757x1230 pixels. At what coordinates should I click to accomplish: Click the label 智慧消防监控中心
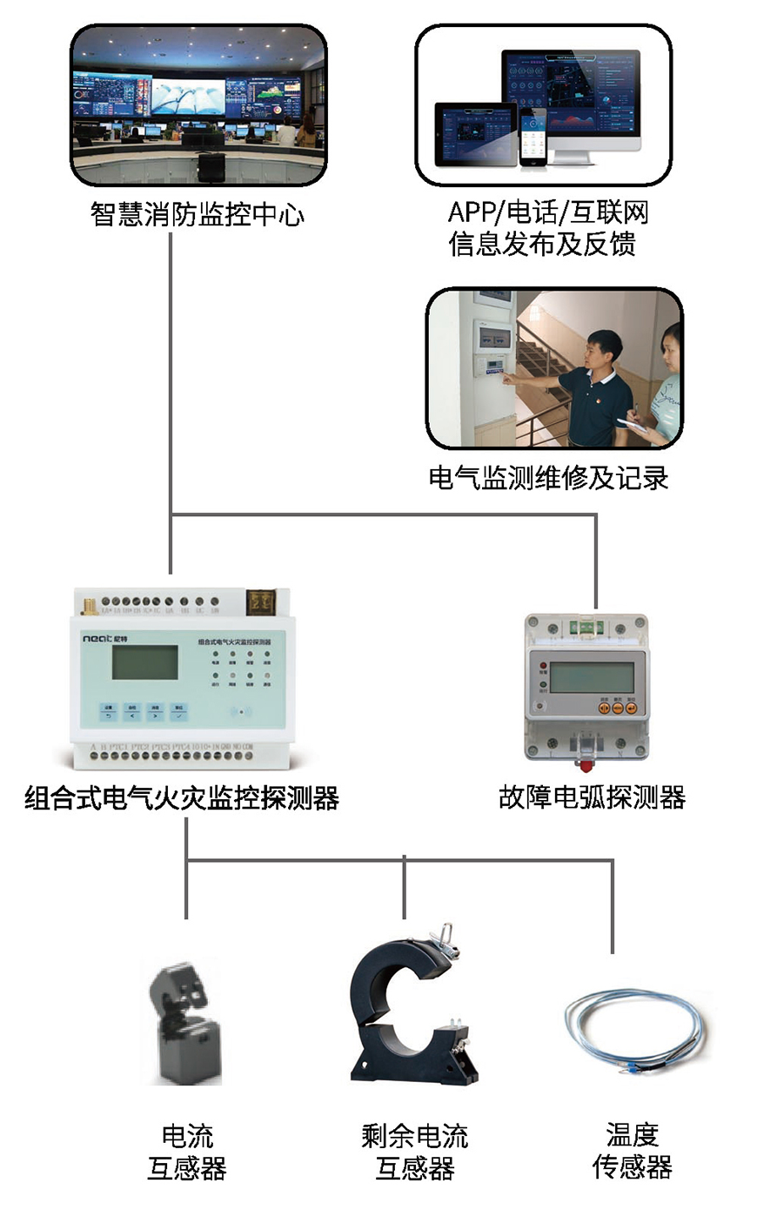[x=198, y=214]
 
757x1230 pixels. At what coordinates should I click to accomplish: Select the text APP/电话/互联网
[x=548, y=212]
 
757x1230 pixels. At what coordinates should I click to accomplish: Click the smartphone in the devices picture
[x=533, y=138]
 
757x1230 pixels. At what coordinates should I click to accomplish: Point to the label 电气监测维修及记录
[x=548, y=478]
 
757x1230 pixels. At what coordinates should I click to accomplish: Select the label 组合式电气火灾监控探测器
[x=182, y=797]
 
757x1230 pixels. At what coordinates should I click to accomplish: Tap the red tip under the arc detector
[x=586, y=766]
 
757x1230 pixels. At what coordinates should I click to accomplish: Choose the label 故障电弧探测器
[x=592, y=797]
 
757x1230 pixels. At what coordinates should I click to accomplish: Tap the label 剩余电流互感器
[x=415, y=1151]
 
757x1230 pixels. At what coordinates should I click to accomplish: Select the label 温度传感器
[x=633, y=1151]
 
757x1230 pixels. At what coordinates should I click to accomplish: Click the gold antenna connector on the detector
[x=89, y=603]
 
